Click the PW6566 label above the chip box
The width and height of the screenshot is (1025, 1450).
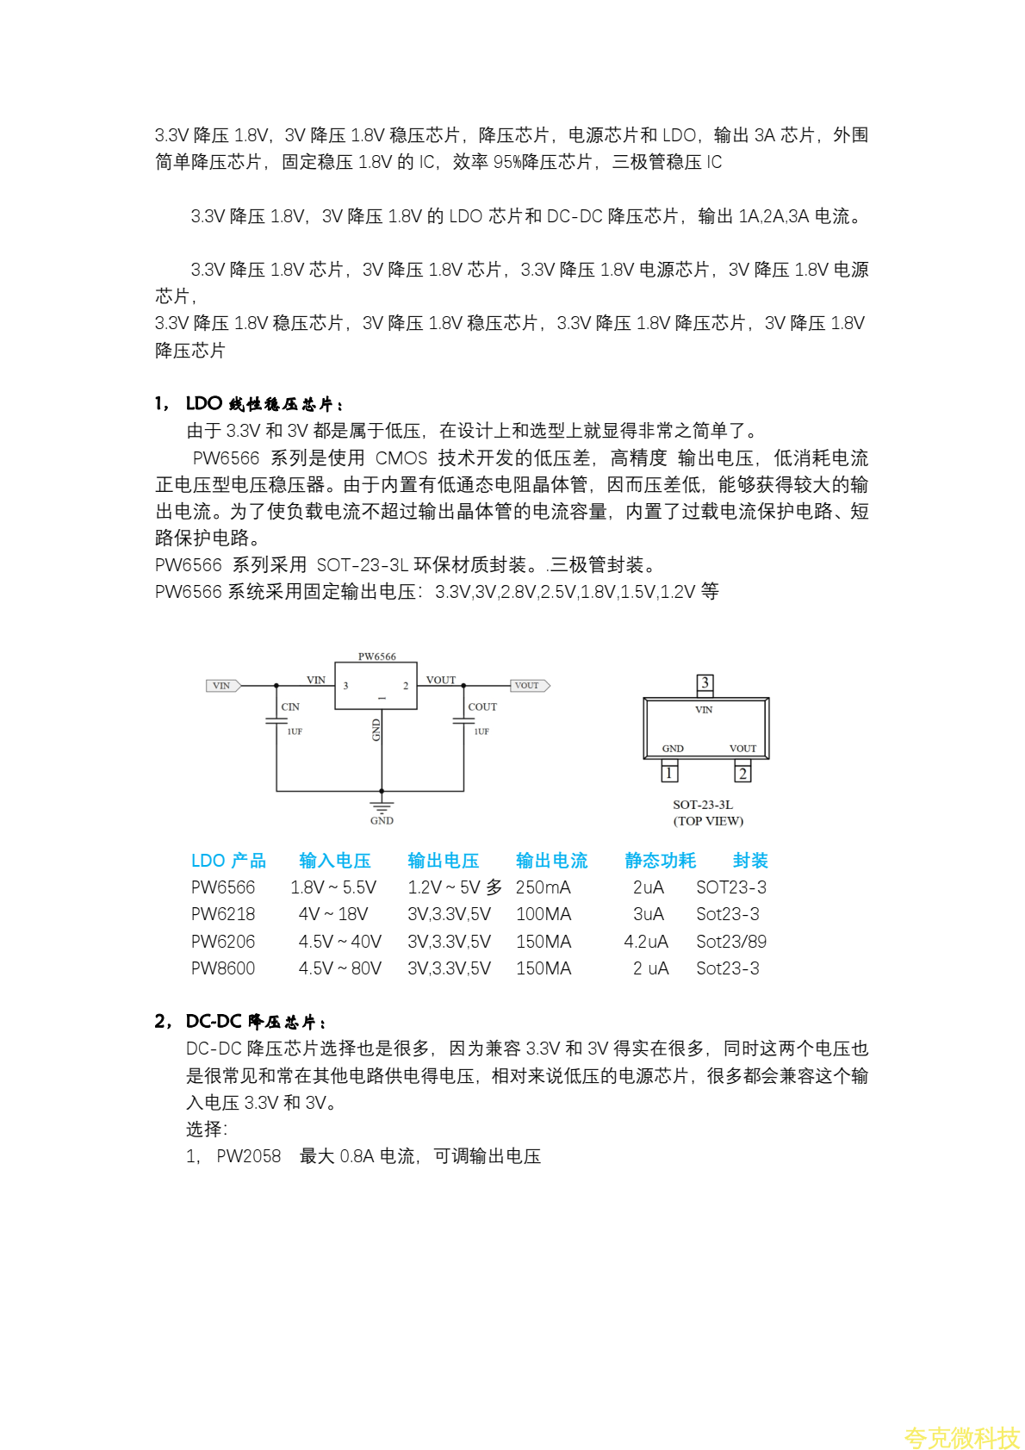[376, 657]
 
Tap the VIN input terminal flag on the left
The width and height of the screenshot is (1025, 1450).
[223, 686]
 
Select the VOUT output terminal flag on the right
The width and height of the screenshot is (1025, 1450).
[529, 686]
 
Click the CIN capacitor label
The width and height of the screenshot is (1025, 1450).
[290, 706]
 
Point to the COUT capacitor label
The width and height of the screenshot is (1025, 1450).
[482, 706]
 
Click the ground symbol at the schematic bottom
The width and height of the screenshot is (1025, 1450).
[382, 807]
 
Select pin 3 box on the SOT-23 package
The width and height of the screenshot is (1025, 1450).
[705, 683]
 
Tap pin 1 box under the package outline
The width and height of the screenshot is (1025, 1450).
[668, 773]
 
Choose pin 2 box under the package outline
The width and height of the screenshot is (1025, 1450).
[742, 773]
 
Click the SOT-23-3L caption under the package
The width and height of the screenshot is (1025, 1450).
[703, 805]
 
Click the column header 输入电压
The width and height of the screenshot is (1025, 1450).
[334, 861]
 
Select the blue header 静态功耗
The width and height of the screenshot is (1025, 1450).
[660, 861]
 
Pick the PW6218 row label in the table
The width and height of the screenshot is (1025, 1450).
[223, 914]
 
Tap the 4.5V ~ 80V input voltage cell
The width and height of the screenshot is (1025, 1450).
[339, 968]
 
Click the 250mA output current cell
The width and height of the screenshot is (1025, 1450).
[543, 887]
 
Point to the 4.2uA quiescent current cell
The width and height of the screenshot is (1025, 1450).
[646, 942]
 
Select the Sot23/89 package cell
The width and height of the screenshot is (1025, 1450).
[730, 942]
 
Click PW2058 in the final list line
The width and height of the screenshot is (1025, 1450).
[249, 1156]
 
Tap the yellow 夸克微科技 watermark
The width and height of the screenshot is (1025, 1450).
[961, 1438]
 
